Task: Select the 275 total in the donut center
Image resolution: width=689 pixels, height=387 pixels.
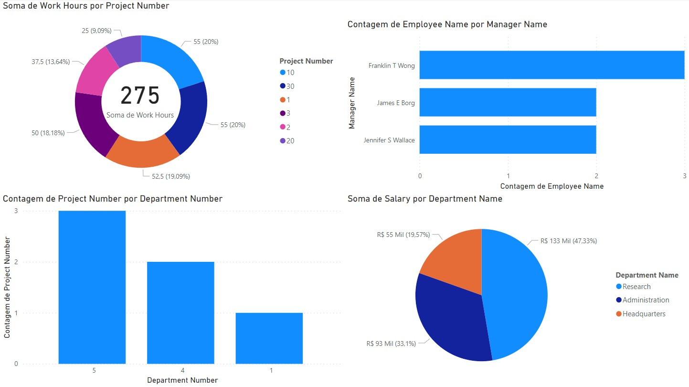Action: [140, 96]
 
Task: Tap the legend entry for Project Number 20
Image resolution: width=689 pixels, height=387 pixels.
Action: [290, 141]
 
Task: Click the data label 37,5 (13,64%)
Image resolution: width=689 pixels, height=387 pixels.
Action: [51, 62]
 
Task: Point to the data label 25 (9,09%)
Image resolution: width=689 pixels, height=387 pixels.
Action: [96, 31]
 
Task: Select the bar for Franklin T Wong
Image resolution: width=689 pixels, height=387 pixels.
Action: [551, 65]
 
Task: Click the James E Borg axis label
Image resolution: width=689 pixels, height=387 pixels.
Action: [395, 103]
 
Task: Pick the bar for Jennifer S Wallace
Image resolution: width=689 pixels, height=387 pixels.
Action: [508, 140]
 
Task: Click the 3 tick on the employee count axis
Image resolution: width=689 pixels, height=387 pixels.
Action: [684, 176]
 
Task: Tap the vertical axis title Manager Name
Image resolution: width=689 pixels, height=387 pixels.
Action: [352, 103]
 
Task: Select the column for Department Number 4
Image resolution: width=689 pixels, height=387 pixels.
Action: [180, 312]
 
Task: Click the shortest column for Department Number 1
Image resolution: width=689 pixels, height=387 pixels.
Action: [269, 338]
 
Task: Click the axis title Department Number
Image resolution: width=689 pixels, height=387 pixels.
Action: [182, 380]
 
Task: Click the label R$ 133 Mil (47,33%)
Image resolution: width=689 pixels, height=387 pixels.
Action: [568, 241]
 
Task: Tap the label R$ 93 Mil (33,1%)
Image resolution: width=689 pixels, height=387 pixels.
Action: [391, 343]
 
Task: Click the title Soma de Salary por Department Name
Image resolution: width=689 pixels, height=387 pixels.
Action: [424, 199]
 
